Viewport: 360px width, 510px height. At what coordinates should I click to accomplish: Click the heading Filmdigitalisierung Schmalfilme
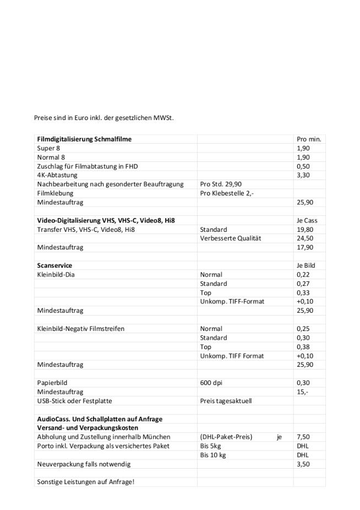pyautogui.click(x=84, y=139)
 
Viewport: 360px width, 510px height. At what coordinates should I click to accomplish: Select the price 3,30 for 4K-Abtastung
pyautogui.click(x=303, y=175)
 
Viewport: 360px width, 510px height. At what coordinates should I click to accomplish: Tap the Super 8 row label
pyautogui.click(x=46, y=148)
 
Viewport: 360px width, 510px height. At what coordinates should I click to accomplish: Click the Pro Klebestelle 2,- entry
pyautogui.click(x=227, y=193)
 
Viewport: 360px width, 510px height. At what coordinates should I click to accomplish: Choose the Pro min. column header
pyautogui.click(x=308, y=139)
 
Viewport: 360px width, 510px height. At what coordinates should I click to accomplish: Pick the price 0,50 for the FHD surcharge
pyautogui.click(x=303, y=166)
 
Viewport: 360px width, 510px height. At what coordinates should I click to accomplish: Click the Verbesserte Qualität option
pyautogui.click(x=230, y=238)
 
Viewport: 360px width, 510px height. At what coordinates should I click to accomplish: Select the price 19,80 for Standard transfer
pyautogui.click(x=304, y=229)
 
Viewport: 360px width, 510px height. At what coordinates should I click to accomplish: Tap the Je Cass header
pyautogui.click(x=307, y=220)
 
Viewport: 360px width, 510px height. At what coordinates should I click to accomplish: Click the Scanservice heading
pyautogui.click(x=54, y=265)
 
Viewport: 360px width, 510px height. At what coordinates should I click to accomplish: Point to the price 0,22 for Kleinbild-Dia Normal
pyautogui.click(x=303, y=274)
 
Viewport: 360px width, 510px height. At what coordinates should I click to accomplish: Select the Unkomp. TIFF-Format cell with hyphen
pyautogui.click(x=232, y=301)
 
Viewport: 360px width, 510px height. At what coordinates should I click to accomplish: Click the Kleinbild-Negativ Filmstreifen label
pyautogui.click(x=80, y=329)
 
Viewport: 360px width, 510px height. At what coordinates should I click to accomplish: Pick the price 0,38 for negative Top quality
pyautogui.click(x=303, y=347)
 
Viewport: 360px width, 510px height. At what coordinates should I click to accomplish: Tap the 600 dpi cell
pyautogui.click(x=211, y=383)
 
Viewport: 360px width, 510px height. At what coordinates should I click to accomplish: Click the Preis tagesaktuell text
pyautogui.click(x=226, y=401)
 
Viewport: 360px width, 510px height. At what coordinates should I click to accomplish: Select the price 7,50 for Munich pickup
pyautogui.click(x=303, y=437)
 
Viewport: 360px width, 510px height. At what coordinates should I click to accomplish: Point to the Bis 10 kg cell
pyautogui.click(x=213, y=455)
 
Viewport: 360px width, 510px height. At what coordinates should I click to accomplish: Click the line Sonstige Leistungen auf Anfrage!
pyautogui.click(x=85, y=482)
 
